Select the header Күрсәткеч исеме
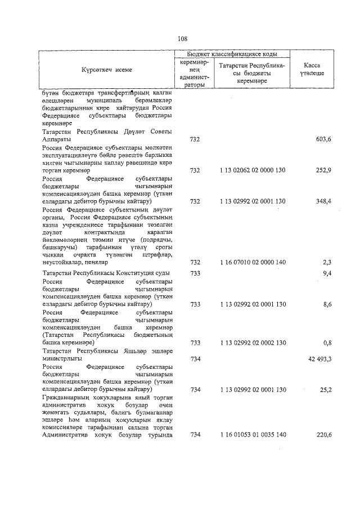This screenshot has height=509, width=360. (106, 70)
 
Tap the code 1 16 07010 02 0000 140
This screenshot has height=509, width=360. (253, 262)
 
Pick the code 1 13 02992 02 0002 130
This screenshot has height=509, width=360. (253, 342)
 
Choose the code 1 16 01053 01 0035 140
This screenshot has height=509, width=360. (253, 435)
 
